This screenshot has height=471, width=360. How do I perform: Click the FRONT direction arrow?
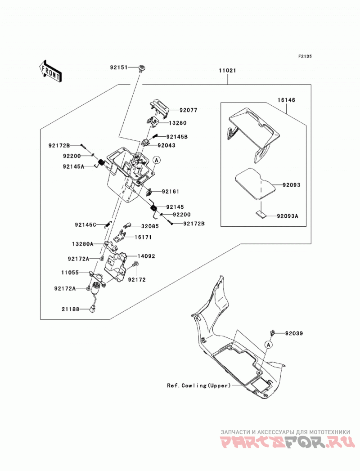50,71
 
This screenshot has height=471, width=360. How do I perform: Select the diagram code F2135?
305,56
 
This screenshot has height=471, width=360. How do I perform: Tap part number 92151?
118,67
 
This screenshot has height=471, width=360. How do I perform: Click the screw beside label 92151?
141,68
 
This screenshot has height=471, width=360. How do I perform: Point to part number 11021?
227,71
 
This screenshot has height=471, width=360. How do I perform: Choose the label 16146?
286,100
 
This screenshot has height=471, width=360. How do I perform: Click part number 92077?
189,110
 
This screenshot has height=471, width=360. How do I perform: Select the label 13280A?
83,244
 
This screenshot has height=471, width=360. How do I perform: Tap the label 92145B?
177,137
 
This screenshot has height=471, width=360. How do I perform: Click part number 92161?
171,191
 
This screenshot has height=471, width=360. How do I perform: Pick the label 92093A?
287,216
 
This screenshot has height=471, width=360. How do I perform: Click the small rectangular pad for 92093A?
261,214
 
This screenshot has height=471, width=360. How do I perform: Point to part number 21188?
71,309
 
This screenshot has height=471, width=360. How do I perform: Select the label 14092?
146,256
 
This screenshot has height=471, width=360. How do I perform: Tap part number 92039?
294,333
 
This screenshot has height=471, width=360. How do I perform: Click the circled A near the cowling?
269,345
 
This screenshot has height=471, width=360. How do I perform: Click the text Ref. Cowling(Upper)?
198,386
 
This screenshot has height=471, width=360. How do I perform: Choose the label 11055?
70,273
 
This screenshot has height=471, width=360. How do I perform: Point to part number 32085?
150,226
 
